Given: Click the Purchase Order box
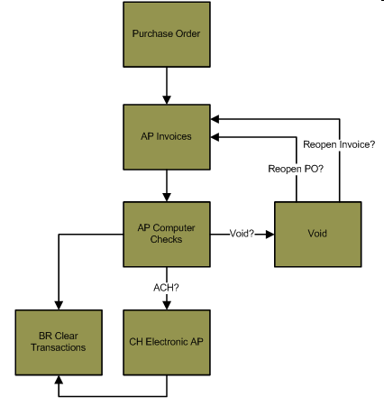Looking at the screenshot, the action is (167, 34).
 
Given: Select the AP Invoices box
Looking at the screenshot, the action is (167, 137).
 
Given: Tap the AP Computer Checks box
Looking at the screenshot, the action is (167, 234).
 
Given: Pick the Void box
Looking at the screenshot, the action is (318, 234).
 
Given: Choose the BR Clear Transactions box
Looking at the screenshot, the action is (59, 343).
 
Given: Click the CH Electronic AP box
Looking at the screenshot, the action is (167, 343).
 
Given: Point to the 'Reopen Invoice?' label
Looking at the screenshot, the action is (339, 144).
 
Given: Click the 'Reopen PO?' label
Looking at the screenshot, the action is (296, 169).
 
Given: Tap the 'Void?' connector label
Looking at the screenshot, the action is (242, 234).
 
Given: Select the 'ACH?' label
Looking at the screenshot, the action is (166, 288).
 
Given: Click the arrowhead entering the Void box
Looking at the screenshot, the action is (270, 235).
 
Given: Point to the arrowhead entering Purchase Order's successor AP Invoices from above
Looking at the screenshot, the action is (167, 100).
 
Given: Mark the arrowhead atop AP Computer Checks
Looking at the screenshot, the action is (167, 198).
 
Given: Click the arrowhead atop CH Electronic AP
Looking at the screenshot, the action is (167, 306).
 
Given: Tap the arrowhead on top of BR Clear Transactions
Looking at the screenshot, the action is (59, 306).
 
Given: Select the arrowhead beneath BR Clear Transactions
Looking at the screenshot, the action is (59, 380).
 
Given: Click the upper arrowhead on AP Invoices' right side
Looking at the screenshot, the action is (215, 119).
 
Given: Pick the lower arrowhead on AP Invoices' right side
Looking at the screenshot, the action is (215, 137).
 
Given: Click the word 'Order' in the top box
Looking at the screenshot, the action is (187, 33).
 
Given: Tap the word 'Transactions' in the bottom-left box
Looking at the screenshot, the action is (59, 347).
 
